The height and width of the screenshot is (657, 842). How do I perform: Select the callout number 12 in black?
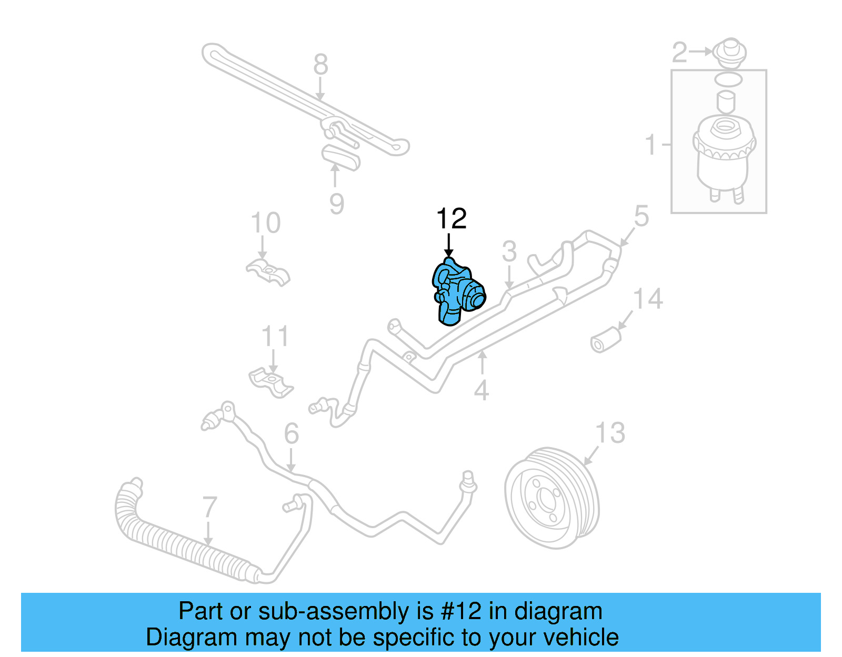point(451,219)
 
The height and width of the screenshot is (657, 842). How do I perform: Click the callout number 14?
point(648,299)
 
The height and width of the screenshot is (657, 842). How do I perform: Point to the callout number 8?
point(320,65)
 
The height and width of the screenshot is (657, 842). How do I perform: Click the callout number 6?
point(291,434)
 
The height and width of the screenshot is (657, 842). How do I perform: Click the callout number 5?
point(641,216)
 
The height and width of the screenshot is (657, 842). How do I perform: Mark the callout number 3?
point(509,251)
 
